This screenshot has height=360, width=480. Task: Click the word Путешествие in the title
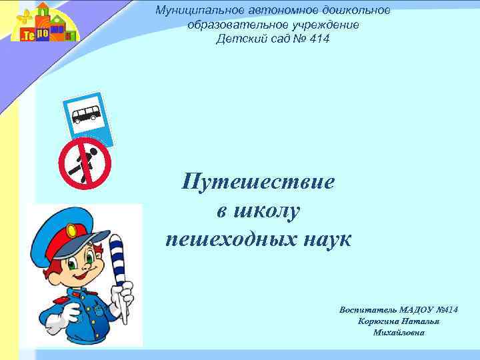click(x=259, y=182)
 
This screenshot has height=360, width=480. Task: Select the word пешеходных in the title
click(x=226, y=239)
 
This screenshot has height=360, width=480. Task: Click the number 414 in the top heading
click(x=317, y=39)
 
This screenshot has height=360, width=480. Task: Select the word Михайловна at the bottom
click(x=399, y=333)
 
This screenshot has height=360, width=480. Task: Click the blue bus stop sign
click(x=87, y=117)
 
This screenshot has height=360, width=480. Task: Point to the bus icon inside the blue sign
click(x=87, y=114)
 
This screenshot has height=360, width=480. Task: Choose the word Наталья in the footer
click(x=421, y=321)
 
